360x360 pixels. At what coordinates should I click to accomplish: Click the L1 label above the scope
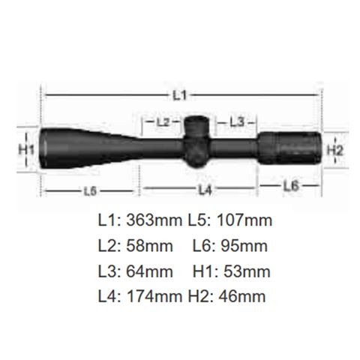pos(180,95)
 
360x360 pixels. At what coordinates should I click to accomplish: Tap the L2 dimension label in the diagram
pos(163,122)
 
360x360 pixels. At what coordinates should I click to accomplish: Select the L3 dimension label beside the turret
pos(236,122)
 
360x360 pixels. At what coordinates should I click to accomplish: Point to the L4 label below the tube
pos(205,190)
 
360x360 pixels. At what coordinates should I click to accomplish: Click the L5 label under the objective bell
pos(90,191)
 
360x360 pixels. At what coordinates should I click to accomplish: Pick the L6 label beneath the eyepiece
pos(291,186)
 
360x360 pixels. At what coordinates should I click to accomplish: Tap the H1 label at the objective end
pos(26,150)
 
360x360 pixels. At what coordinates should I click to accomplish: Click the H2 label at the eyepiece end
pos(335,151)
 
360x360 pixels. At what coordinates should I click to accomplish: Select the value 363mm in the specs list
pos(154,220)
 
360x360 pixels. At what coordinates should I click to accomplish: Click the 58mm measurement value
pos(149,246)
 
